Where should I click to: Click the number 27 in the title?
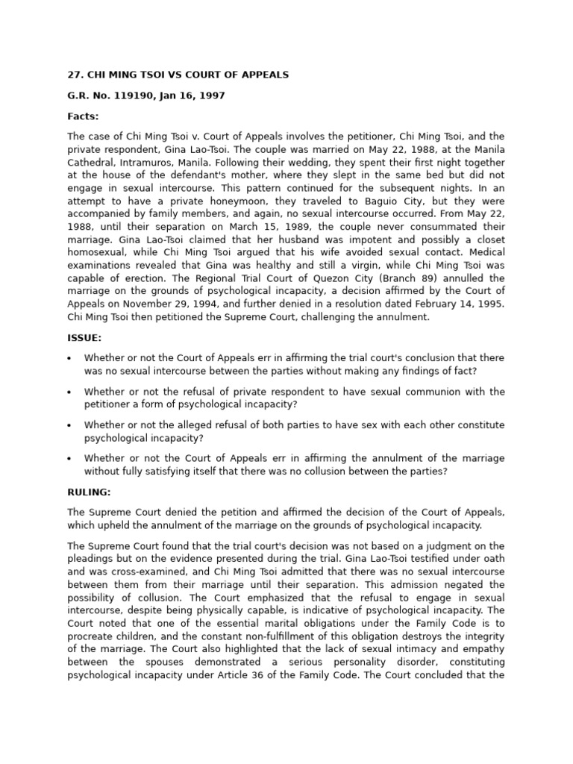click(x=74, y=75)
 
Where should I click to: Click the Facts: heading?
click(x=83, y=117)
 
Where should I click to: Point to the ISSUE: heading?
click(x=84, y=338)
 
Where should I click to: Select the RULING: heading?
click(x=89, y=492)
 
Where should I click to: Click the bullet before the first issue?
click(x=69, y=359)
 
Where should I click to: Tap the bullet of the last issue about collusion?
click(x=69, y=459)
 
